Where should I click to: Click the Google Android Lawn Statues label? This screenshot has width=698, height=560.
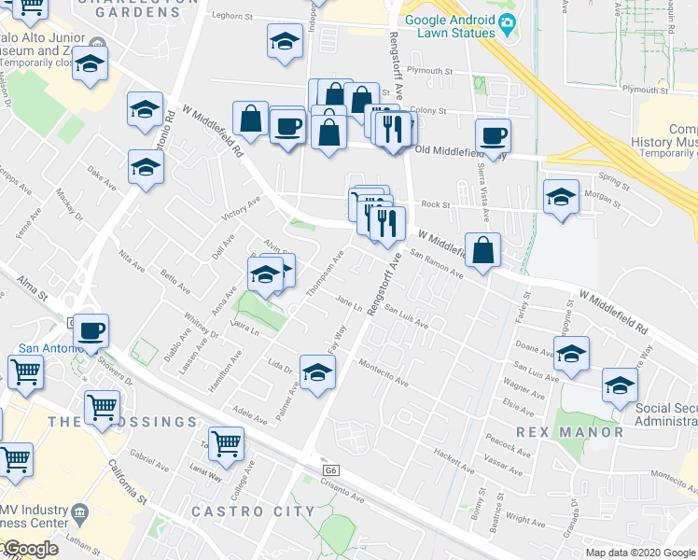[x=450, y=26]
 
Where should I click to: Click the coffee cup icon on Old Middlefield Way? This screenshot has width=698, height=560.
[x=493, y=136]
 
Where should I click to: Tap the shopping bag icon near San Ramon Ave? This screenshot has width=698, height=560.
[x=482, y=250]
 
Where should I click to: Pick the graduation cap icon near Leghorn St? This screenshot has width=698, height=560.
[x=285, y=41]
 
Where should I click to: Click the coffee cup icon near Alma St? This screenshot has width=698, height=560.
[x=91, y=330]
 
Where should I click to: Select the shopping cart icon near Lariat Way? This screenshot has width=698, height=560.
[x=226, y=443]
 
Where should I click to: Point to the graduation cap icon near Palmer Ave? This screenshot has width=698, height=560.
[x=317, y=371]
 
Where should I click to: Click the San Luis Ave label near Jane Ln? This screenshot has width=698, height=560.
[x=407, y=318]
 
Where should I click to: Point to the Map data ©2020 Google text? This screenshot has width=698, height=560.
[x=640, y=553]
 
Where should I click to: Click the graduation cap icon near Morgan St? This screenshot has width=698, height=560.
[x=560, y=198]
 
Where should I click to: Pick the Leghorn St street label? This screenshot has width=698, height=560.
[x=232, y=16]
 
